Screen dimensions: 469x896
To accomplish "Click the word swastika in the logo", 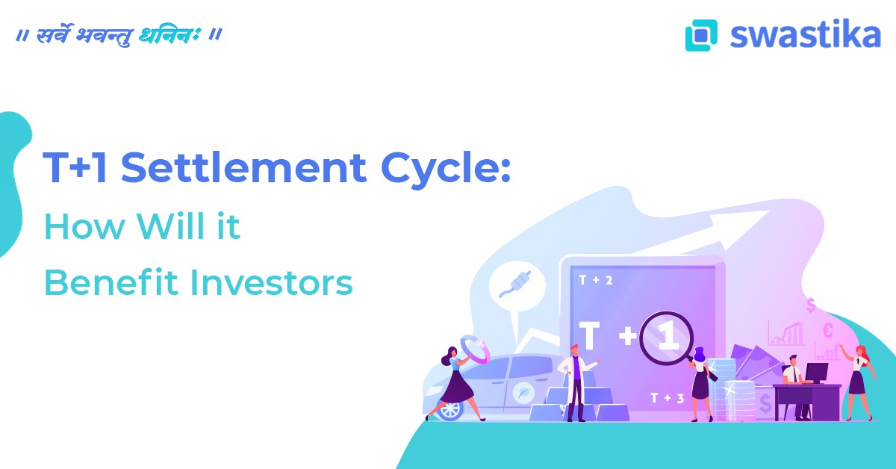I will coord(805,34).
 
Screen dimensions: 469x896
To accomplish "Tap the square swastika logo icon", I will coord(701,35).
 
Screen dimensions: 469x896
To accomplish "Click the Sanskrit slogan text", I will coord(119,36).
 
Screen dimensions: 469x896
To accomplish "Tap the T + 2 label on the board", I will coord(595,281).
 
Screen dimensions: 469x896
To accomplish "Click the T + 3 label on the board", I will coord(667,398).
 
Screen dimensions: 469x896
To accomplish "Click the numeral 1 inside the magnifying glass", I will coord(668,337).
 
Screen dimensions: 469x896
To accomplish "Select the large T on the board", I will coord(589,337).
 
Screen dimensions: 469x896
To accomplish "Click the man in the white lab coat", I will coord(574,381).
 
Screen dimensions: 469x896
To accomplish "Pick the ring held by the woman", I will coord(475,347).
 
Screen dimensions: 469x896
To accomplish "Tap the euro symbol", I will coord(828,330).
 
